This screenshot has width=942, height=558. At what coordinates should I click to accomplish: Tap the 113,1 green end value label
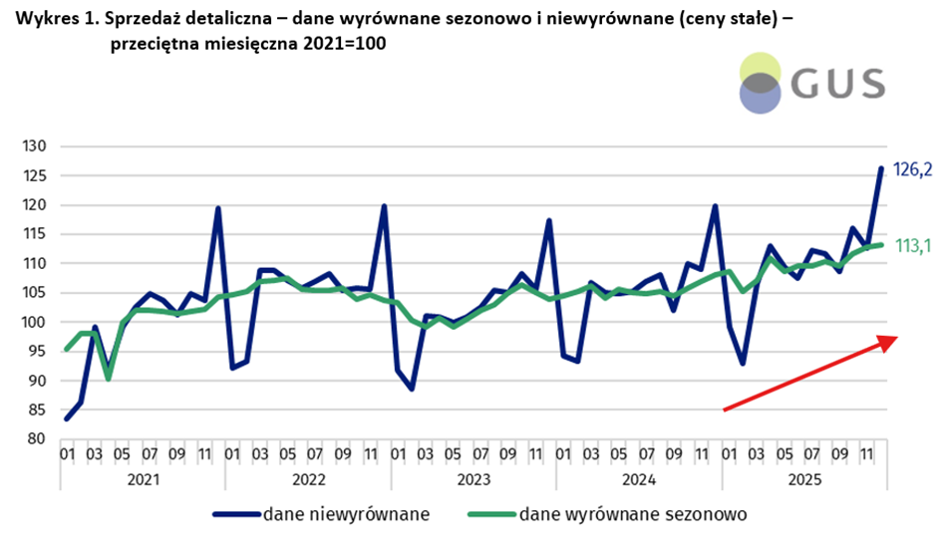(910, 246)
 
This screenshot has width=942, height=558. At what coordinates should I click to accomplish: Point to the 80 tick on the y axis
(36, 439)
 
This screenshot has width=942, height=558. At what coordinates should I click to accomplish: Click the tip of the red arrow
(896, 339)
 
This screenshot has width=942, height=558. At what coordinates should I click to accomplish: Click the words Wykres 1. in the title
(53, 19)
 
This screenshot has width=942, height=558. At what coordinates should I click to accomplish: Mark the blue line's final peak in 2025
(881, 168)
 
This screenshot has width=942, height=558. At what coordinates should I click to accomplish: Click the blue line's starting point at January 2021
(67, 418)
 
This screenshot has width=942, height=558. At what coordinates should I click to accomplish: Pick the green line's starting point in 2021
(67, 350)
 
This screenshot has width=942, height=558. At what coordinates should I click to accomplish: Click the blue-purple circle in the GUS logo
(760, 96)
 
